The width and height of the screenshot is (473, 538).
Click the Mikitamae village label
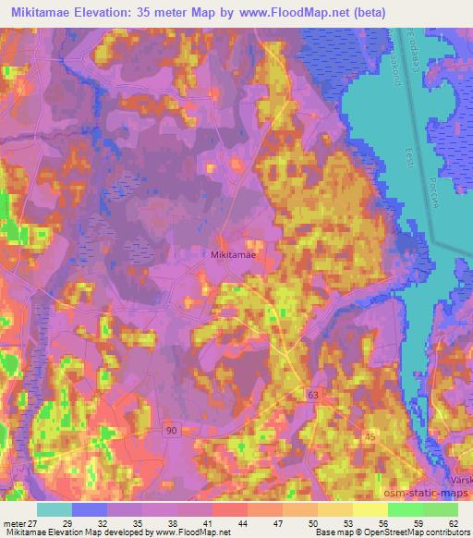click(x=230, y=252)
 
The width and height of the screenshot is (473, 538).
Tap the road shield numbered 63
click(x=314, y=395)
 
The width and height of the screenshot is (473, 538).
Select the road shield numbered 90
click(x=171, y=432)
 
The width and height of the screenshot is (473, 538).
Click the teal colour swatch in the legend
click(x=55, y=508)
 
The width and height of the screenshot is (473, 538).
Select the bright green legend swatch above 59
click(x=405, y=508)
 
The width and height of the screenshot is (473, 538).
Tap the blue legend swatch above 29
click(x=90, y=508)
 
